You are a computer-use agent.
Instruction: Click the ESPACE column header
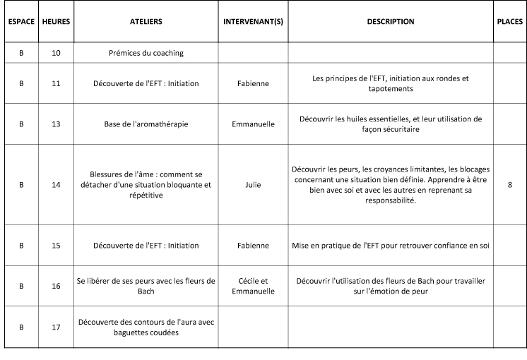pyautogui.click(x=20, y=22)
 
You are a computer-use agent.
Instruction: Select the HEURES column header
pyautogui.click(x=56, y=22)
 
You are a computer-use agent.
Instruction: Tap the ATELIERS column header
pyautogui.click(x=146, y=22)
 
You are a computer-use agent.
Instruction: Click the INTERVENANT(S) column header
pyautogui.click(x=253, y=22)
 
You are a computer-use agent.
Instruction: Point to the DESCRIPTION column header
pyautogui.click(x=391, y=22)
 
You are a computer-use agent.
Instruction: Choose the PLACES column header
pyautogui.click(x=509, y=22)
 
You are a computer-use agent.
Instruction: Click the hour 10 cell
pyautogui.click(x=56, y=53)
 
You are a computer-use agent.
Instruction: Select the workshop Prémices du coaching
pyautogui.click(x=146, y=53)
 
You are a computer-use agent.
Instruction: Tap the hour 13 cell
pyautogui.click(x=56, y=124)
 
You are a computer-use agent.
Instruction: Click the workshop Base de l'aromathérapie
pyautogui.click(x=146, y=124)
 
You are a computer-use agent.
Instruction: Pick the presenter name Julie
pyautogui.click(x=253, y=185)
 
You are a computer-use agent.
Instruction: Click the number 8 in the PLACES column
pyautogui.click(x=509, y=185)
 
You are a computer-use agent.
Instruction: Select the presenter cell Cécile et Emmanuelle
pyautogui.click(x=253, y=286)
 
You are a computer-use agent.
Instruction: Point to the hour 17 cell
pyautogui.click(x=56, y=328)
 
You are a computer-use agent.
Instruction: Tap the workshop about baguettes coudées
pyautogui.click(x=146, y=328)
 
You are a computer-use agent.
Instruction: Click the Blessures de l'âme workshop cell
pyautogui.click(x=146, y=185)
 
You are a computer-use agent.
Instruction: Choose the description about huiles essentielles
pyautogui.click(x=391, y=124)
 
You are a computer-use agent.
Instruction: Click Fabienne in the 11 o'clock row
pyautogui.click(x=253, y=83)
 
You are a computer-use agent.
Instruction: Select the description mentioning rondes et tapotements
pyautogui.click(x=391, y=83)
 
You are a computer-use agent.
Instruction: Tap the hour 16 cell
pyautogui.click(x=56, y=286)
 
